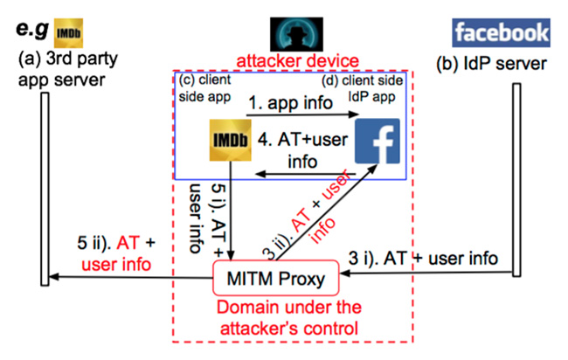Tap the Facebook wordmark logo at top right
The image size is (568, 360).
coord(501,33)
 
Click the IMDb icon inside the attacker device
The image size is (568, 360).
coord(229,141)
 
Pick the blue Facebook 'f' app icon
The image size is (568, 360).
coord(376,141)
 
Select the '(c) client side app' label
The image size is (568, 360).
coord(204,88)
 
